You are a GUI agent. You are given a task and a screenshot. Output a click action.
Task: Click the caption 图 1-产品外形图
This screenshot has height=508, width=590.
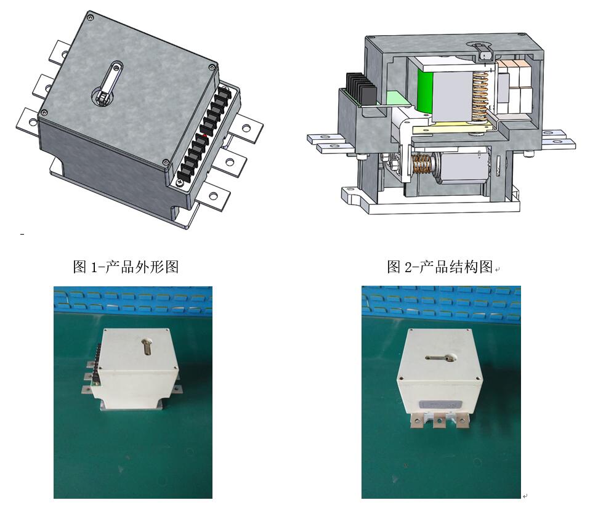(x=126, y=267)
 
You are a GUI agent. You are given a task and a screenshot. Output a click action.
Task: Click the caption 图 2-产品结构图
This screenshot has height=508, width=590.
(x=440, y=267)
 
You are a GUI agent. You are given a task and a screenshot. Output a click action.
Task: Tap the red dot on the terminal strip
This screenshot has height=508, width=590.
(x=204, y=135)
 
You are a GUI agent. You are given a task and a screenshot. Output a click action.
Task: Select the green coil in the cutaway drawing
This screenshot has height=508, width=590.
(x=425, y=92)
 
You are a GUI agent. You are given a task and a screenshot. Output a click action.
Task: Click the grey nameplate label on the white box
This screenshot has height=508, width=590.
(x=439, y=404)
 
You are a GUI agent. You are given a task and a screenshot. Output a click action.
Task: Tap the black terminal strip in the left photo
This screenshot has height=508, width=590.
(x=97, y=363)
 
